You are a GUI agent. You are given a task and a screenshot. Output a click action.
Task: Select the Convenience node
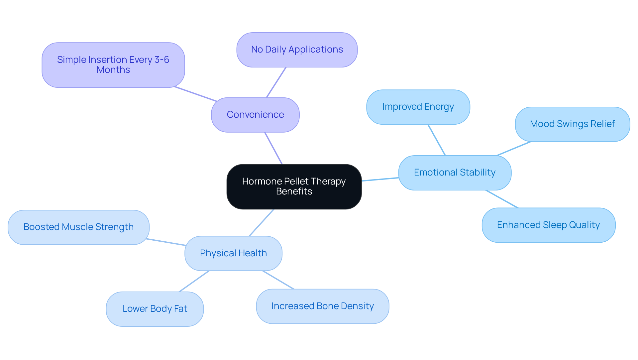[255, 115]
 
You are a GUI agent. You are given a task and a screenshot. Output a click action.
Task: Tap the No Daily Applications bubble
[297, 50]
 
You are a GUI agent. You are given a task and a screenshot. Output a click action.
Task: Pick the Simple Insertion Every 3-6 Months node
[113, 65]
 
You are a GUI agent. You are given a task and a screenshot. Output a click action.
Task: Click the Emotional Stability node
[454, 173]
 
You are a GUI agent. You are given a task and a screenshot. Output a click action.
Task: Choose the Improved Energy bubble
[418, 107]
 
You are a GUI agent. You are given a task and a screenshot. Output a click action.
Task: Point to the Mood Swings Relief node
[572, 124]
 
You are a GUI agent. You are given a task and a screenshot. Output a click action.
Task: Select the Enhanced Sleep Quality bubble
[548, 225]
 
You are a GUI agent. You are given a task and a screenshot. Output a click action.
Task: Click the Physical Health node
[233, 253]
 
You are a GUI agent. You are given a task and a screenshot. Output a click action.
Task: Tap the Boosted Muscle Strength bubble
[78, 227]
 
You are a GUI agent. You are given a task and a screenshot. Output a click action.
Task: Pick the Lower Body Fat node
[155, 309]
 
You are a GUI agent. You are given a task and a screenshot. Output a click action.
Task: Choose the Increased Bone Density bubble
[322, 306]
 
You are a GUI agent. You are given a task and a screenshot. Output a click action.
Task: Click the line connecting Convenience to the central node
[273, 148]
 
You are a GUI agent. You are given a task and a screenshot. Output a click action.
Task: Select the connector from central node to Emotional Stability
[380, 179]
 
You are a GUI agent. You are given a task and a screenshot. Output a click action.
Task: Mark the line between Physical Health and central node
[261, 223]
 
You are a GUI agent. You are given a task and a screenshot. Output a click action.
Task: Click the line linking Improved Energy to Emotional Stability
[437, 140]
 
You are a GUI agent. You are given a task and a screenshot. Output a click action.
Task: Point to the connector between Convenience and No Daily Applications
[276, 82]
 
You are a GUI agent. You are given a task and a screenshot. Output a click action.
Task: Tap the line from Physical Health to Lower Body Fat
[194, 281]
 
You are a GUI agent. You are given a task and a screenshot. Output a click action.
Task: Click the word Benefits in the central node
[294, 191]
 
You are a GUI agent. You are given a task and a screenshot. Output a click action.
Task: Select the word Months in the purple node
[113, 70]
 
